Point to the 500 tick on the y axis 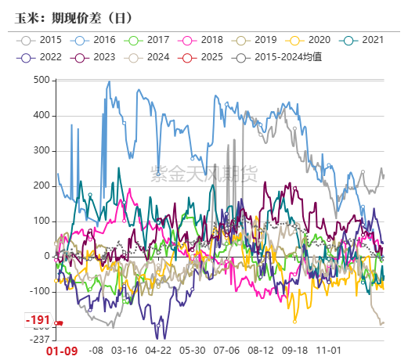[40, 80]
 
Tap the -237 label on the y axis [38, 339]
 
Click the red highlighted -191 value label [38, 321]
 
